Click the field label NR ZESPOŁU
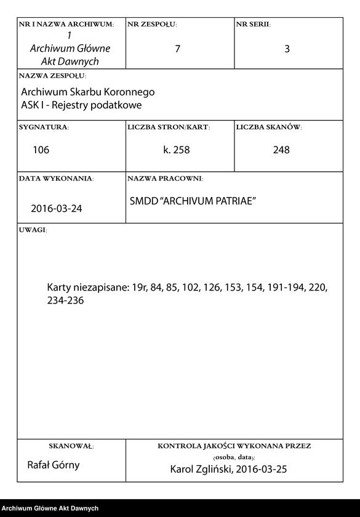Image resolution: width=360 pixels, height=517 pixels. point(152,24)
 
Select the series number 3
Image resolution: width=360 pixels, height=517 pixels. point(287,49)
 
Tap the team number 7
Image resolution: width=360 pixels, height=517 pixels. point(178,49)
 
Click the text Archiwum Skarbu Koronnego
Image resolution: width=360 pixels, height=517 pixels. point(87,92)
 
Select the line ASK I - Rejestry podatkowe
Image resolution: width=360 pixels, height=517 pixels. point(81,105)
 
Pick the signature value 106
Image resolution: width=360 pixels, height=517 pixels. point(41,150)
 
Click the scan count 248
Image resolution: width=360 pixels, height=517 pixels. point(281,150)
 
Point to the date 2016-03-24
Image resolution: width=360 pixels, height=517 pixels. point(57,208)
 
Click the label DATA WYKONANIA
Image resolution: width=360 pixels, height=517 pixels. point(56,178)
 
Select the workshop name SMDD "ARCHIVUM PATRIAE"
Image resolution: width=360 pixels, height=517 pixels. point(193,201)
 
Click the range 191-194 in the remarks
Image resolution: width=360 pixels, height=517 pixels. point(287,287)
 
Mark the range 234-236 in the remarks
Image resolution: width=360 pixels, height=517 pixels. point(65,300)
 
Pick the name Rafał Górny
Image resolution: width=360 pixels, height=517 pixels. point(54,465)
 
